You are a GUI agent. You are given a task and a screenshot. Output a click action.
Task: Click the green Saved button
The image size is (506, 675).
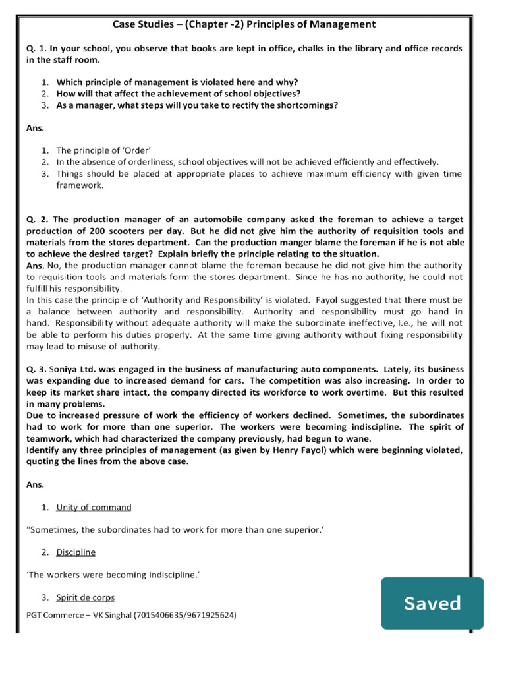(x=432, y=602)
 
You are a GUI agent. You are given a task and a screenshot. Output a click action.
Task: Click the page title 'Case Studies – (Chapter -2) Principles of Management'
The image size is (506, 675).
(x=244, y=24)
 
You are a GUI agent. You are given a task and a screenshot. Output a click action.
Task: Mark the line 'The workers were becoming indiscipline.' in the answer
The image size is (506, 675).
(x=113, y=575)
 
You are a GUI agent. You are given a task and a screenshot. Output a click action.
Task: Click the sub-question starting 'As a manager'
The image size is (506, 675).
(x=198, y=105)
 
